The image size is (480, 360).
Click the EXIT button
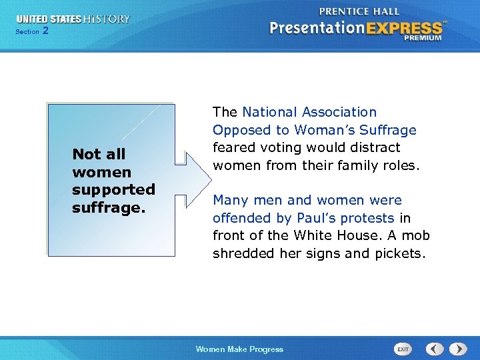click(x=403, y=349)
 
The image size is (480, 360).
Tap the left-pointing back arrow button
click(x=435, y=349)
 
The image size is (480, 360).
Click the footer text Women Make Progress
click(x=239, y=349)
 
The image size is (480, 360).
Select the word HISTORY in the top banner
click(x=107, y=19)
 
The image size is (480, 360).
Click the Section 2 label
click(x=31, y=31)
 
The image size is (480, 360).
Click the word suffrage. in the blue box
click(x=108, y=207)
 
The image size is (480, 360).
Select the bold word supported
click(x=113, y=189)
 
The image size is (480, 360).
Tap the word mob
click(x=414, y=235)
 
